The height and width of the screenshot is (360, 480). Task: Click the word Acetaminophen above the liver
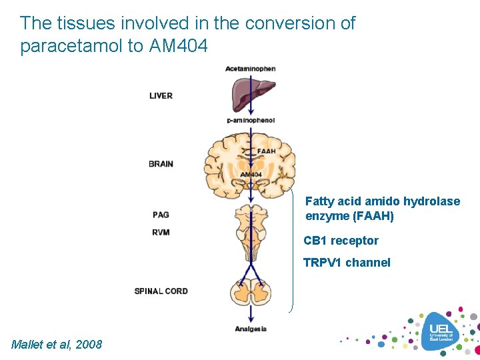click(x=250, y=69)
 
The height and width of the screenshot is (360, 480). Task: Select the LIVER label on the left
click(x=161, y=96)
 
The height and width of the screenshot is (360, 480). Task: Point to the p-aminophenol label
click(x=251, y=120)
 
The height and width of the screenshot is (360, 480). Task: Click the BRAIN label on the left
click(x=161, y=163)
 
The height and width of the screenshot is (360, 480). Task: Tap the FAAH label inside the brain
click(x=266, y=151)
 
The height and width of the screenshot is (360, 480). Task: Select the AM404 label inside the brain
click(x=251, y=175)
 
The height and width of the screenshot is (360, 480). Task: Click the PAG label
click(x=161, y=215)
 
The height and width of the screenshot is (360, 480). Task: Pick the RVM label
click(x=161, y=232)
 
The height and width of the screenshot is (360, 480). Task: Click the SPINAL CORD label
click(x=161, y=291)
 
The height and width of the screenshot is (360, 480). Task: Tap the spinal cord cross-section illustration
click(x=251, y=294)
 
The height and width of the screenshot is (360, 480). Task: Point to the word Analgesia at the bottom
click(x=251, y=329)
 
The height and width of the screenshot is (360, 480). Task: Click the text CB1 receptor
click(x=341, y=241)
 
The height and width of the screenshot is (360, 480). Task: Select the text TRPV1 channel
click(x=347, y=263)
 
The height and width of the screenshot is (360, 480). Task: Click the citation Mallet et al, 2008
click(x=57, y=344)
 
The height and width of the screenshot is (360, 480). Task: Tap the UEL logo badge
click(x=441, y=331)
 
